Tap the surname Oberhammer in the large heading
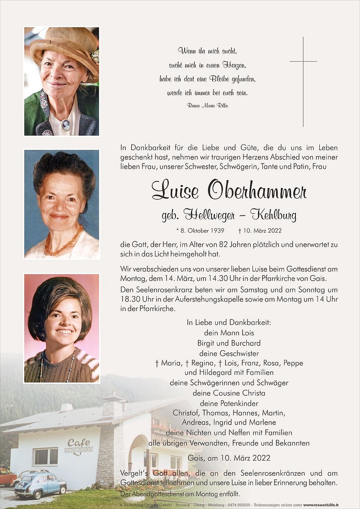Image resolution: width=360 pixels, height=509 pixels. click(257, 191)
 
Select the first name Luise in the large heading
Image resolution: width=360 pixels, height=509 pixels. click(175, 191)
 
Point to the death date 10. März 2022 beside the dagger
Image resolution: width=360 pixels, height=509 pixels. click(262, 231)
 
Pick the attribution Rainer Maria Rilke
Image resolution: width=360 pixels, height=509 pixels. click(207, 106)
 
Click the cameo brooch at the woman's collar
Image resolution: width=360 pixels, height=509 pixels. click(66, 125)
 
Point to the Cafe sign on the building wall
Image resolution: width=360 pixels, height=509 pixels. click(79, 444)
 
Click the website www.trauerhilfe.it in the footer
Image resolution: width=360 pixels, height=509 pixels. click(321, 505)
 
